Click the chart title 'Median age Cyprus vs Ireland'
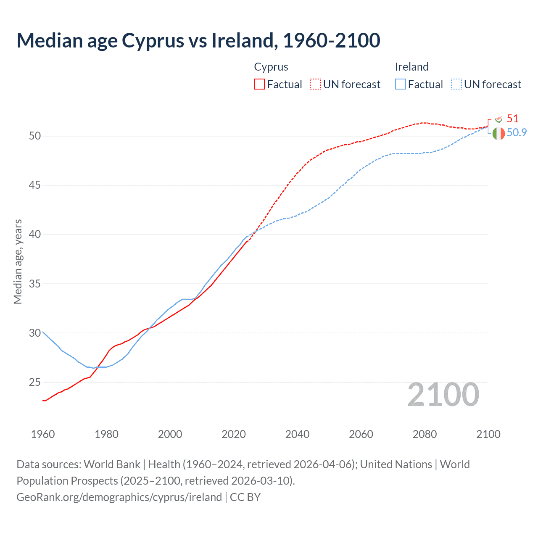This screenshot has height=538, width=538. tap(198, 40)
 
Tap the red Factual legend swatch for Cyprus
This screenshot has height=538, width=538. tap(259, 84)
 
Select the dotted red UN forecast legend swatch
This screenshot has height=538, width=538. tap(315, 84)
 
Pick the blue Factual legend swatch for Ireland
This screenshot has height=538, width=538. tap(401, 84)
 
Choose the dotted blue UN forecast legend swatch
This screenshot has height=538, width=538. tap(456, 84)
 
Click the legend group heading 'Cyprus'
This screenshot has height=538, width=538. tap(271, 67)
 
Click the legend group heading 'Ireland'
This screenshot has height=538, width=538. tap(411, 67)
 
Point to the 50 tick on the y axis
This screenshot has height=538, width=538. tap(35, 136)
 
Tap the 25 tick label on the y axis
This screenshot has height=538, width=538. tap(35, 382)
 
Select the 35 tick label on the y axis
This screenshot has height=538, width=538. tap(35, 284)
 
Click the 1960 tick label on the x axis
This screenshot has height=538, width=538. tap(43, 434)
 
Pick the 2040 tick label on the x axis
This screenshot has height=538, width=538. tap(297, 434)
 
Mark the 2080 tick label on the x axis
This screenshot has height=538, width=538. tap(425, 434)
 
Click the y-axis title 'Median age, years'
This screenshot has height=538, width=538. tap(18, 261)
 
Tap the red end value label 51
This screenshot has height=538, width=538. tap(512, 119)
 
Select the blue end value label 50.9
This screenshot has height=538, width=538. tap(517, 132)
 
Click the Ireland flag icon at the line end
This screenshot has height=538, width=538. tap(498, 133)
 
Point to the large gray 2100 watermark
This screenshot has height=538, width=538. tap(443, 395)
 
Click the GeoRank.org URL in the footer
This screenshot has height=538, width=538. tap(119, 497)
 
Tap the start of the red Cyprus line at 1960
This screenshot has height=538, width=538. tap(43, 401)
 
